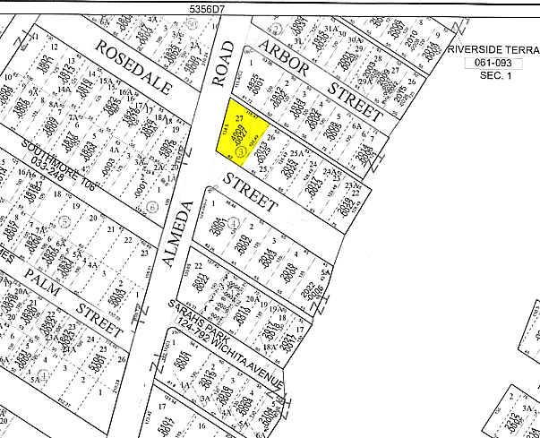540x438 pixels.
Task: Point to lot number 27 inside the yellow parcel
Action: coord(239,117)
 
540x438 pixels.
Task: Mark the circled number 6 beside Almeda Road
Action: coord(152,206)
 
